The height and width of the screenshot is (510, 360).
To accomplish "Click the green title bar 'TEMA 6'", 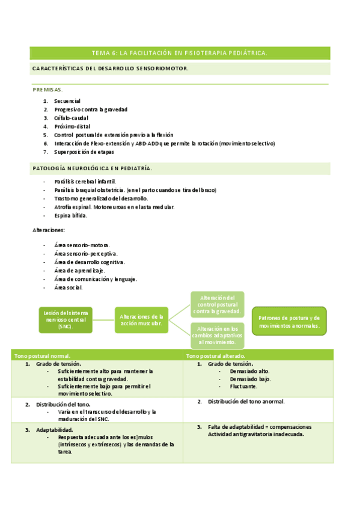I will [x=180, y=54].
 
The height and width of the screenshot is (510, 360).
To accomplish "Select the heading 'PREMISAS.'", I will [x=47, y=89].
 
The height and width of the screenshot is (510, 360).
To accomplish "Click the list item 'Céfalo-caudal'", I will [x=71, y=118].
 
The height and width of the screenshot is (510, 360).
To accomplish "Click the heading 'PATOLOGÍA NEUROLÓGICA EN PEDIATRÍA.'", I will [x=92, y=168].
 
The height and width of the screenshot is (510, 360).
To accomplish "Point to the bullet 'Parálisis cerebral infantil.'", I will [x=85, y=181].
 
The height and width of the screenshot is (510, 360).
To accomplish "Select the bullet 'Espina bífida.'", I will [x=71, y=215].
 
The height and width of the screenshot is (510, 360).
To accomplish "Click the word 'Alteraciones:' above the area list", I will [x=48, y=230].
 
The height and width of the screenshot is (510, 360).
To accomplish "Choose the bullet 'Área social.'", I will [x=68, y=287].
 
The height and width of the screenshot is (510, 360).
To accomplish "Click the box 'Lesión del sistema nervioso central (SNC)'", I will [x=66, y=319].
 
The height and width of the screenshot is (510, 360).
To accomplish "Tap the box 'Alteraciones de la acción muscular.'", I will [x=141, y=320].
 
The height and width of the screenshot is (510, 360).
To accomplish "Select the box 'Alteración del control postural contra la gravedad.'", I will [x=217, y=304].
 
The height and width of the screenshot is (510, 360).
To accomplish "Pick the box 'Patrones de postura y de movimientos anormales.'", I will [x=288, y=322].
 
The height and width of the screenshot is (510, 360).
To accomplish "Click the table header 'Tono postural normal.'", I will [x=42, y=356].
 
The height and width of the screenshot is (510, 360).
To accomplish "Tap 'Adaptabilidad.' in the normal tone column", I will [x=54, y=430].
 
